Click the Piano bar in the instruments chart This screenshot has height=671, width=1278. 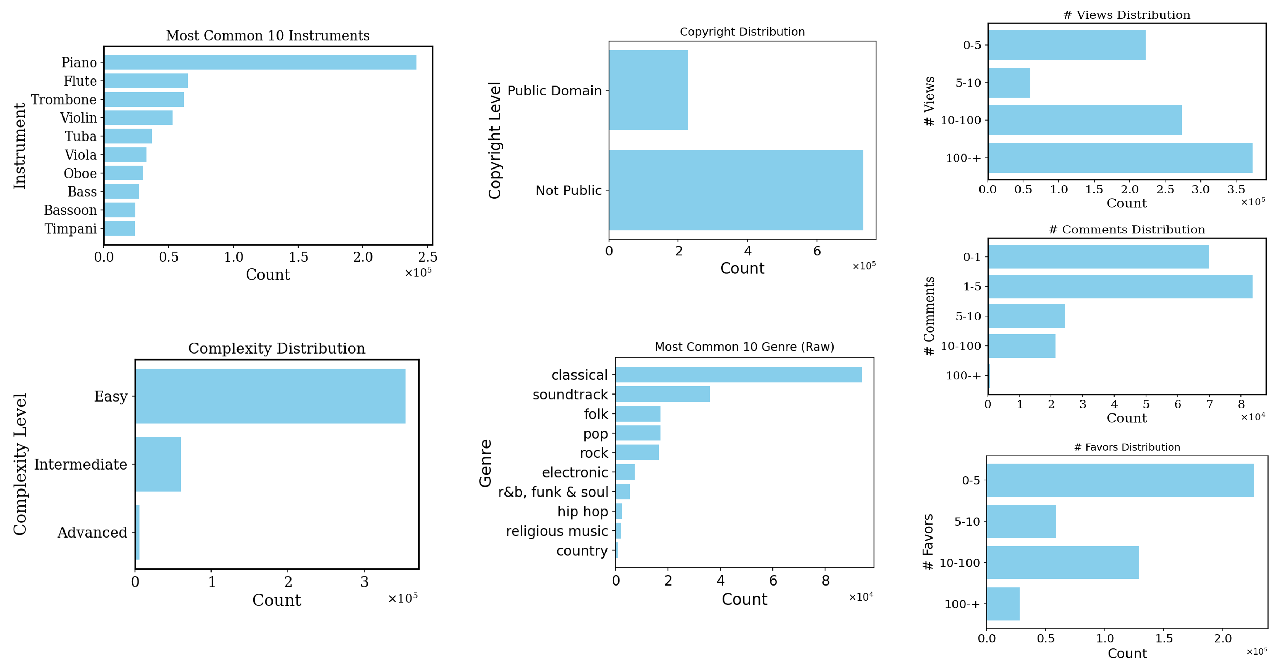coord(260,62)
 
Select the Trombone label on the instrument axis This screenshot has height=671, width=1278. coord(63,100)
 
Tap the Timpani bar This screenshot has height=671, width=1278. coord(120,228)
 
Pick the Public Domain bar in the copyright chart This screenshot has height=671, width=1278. coord(648,90)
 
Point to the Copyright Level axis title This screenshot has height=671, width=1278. coord(495,140)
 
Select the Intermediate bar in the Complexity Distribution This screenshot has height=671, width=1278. coord(158,464)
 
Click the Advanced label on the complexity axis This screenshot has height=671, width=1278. coord(92,532)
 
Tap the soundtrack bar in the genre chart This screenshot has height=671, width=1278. coord(662,395)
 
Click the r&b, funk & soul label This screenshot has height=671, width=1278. coord(553,492)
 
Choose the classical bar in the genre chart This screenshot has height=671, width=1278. coord(738,375)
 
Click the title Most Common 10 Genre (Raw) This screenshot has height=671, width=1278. coord(744,347)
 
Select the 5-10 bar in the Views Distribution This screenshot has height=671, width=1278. coord(1009,83)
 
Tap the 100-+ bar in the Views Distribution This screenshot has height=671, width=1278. coord(1120,158)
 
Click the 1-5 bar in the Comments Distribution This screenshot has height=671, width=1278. coord(1120,286)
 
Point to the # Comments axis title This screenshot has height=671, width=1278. coord(929,316)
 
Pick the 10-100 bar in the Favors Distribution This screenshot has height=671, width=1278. coord(1062,562)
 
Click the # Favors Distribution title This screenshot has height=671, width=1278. coord(1127,447)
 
